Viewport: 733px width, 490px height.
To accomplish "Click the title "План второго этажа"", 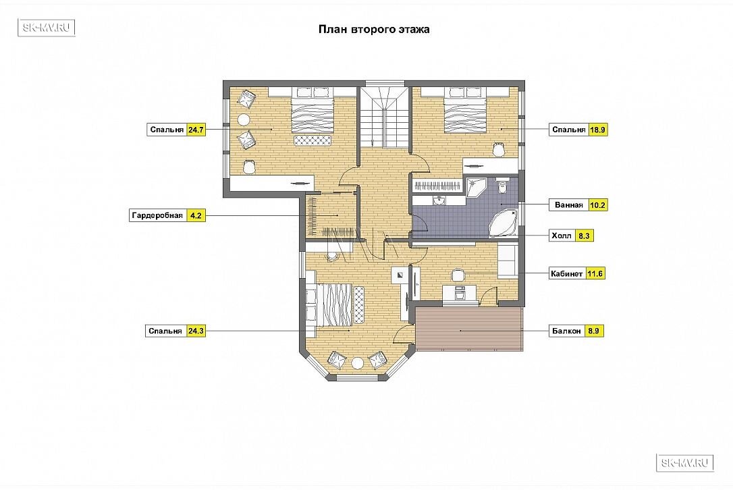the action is click(x=374, y=30).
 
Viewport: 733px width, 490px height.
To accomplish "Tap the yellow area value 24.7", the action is click(x=196, y=130).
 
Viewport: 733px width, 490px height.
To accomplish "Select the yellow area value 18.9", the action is click(x=598, y=130).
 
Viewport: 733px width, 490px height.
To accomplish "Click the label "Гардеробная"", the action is click(x=157, y=215).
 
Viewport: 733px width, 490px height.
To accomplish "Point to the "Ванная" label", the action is click(x=569, y=205).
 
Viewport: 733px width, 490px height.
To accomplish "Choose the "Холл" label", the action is click(x=562, y=236).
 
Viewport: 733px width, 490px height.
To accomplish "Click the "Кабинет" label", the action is click(x=566, y=273).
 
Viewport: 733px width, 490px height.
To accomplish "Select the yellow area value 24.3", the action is click(x=196, y=331).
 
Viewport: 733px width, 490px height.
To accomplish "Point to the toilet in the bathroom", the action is click(x=503, y=186).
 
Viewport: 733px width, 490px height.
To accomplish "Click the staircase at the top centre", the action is click(x=385, y=116).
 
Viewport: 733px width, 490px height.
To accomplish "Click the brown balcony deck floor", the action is click(x=469, y=329).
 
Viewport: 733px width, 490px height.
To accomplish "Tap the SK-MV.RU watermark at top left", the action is click(x=47, y=28).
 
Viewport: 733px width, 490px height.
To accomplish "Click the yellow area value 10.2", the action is click(x=598, y=205).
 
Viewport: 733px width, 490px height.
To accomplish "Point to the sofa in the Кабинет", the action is click(x=507, y=261).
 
